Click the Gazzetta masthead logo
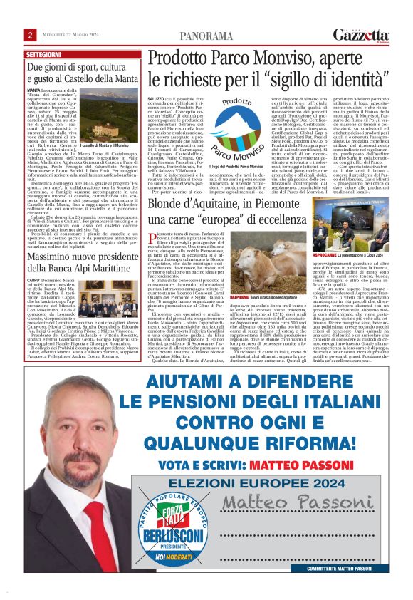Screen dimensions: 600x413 (361, 33)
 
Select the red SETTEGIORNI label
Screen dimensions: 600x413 (44, 54)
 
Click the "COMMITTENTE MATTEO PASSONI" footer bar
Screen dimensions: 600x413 (347, 569)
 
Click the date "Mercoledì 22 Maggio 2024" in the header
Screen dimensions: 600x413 (70, 35)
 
